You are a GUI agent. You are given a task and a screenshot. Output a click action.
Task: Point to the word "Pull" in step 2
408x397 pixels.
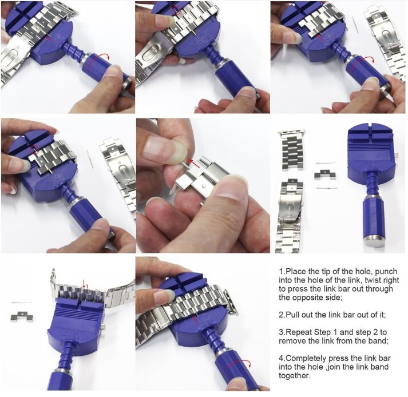coord(292,315)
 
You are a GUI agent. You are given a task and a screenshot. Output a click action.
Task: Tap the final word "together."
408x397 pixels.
coord(295,376)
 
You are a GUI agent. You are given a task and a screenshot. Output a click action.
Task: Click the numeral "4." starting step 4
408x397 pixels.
coord(282,359)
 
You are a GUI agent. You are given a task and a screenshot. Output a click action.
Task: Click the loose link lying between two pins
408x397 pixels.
coord(324,174)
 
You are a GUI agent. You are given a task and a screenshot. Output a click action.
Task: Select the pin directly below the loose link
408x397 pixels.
coord(327,188)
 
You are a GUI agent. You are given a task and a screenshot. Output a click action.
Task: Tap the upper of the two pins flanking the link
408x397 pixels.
coord(326,163)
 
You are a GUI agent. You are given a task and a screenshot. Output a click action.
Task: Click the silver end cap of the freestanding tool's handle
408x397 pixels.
coord(374,241)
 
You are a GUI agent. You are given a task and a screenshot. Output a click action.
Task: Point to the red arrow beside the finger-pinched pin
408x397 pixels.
coord(195,164)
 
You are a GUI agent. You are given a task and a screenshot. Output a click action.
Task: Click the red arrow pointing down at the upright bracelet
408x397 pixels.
coord(84,284)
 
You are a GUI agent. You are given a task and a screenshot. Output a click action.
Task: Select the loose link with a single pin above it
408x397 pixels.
coord(22,316)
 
